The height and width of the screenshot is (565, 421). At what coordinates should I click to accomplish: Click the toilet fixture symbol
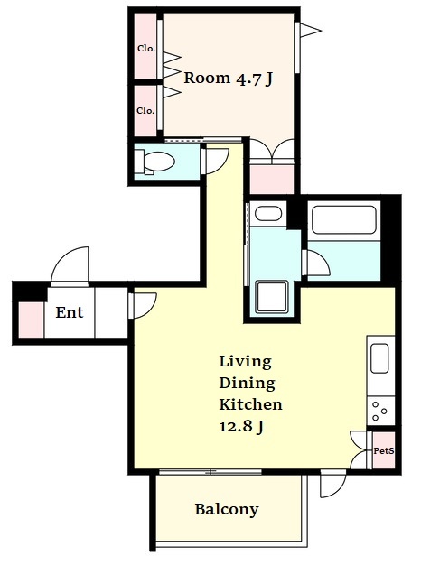click(155, 161)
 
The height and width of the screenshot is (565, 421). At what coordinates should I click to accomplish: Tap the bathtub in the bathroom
click(344, 219)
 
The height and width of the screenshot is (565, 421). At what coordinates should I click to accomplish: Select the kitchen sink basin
click(379, 358)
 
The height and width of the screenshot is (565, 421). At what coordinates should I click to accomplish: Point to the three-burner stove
click(380, 411)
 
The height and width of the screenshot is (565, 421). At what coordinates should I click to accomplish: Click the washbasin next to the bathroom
click(268, 214)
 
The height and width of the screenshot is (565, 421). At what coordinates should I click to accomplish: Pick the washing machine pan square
click(272, 297)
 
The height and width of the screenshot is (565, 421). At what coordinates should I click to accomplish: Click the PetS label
click(383, 450)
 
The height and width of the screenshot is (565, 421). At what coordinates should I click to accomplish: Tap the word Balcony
click(227, 510)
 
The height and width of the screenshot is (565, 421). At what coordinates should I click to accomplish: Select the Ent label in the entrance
click(70, 312)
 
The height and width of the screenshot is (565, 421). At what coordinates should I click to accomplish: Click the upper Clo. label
click(146, 48)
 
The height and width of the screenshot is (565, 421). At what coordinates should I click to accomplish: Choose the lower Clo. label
click(145, 110)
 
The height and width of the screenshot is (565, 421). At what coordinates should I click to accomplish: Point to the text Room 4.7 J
click(228, 79)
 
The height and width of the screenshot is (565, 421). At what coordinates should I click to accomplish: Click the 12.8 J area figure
click(241, 427)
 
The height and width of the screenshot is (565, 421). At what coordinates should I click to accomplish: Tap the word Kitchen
click(251, 404)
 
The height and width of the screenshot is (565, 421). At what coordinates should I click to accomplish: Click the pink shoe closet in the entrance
click(31, 320)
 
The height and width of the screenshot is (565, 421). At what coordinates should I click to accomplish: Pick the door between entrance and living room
click(143, 306)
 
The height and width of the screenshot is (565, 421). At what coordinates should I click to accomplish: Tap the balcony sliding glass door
click(210, 471)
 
